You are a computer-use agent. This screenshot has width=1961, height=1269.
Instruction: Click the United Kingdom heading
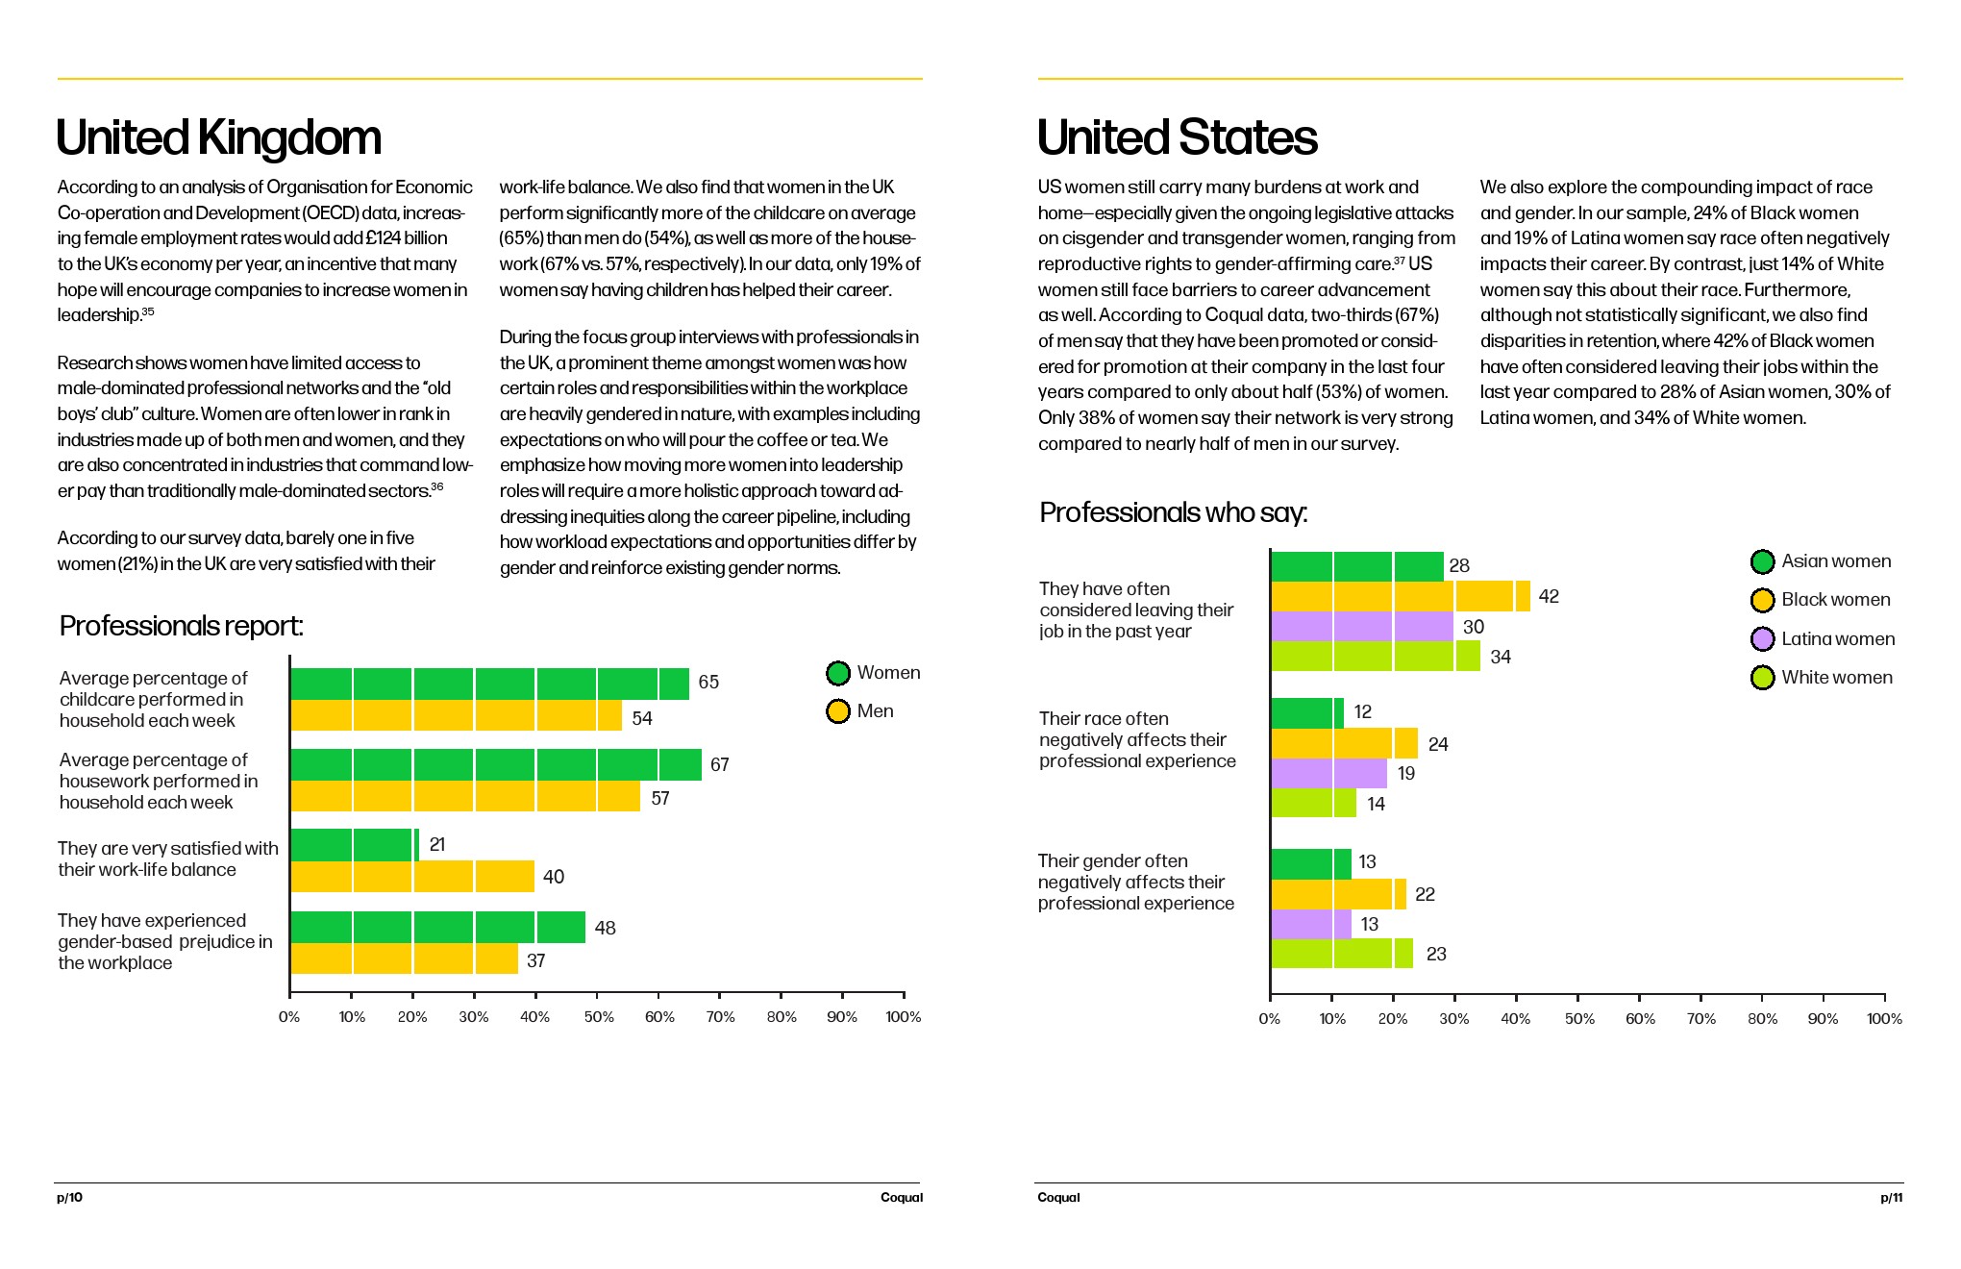pyautogui.click(x=218, y=137)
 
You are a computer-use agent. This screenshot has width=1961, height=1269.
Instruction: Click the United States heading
pyautogui.click(x=1177, y=137)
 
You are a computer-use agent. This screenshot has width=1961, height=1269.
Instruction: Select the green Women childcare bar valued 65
pyautogui.click(x=489, y=684)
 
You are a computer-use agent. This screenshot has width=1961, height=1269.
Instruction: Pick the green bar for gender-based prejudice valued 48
pyautogui.click(x=437, y=928)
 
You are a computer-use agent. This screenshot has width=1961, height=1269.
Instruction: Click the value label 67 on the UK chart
pyautogui.click(x=719, y=765)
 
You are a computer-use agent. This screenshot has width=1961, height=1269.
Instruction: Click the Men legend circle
pyautogui.click(x=838, y=711)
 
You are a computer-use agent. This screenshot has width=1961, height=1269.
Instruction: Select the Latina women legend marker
pyautogui.click(x=1762, y=639)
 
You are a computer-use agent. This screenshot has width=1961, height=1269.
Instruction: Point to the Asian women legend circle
pyautogui.click(x=1762, y=561)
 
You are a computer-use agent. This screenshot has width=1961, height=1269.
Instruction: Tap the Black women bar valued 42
pyautogui.click(x=1400, y=597)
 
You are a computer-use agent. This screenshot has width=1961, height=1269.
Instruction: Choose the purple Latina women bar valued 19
pyautogui.click(x=1328, y=774)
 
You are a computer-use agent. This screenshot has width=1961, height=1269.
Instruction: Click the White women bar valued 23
pyautogui.click(x=1342, y=954)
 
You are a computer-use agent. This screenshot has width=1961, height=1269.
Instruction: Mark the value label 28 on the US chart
pyautogui.click(x=1459, y=566)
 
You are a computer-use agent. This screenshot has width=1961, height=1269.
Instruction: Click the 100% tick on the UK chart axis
pyautogui.click(x=903, y=1017)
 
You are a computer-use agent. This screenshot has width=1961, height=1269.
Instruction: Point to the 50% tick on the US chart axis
pyautogui.click(x=1578, y=1019)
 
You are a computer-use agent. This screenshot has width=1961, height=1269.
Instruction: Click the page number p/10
pyautogui.click(x=69, y=1198)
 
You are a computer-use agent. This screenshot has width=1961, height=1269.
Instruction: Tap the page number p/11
pyautogui.click(x=1891, y=1198)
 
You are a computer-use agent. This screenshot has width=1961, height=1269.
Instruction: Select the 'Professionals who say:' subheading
pyautogui.click(x=1173, y=512)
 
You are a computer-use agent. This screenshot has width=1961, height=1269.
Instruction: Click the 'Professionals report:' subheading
pyautogui.click(x=181, y=626)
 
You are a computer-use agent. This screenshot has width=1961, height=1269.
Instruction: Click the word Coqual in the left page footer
pyautogui.click(x=901, y=1198)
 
